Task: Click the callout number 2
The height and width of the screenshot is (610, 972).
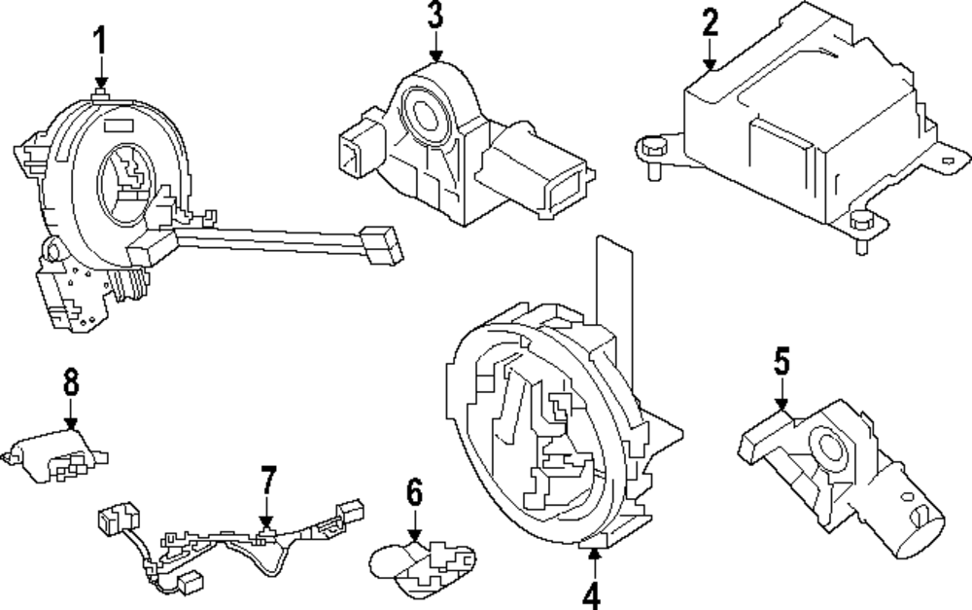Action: click(711, 21)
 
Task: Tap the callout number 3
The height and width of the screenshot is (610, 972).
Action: click(434, 17)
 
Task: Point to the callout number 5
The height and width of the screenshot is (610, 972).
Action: click(782, 362)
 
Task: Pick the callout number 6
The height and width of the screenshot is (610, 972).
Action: click(415, 494)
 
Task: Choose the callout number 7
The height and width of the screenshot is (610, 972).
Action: click(268, 481)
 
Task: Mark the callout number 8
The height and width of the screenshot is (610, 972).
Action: click(71, 382)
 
